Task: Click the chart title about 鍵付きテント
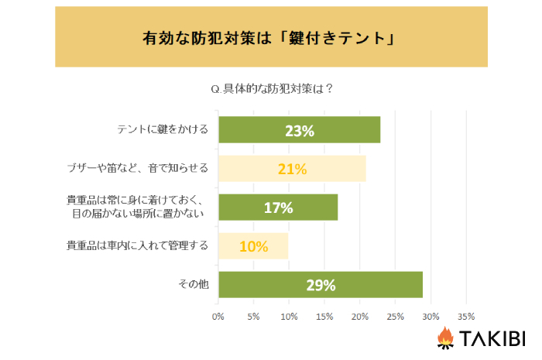[270, 36]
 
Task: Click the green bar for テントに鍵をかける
[299, 130]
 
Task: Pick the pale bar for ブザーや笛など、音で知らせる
[292, 169]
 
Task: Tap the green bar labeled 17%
[278, 207]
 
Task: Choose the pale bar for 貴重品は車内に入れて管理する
[253, 246]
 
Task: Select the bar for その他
[321, 285]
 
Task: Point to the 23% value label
[299, 131]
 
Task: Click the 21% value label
[292, 170]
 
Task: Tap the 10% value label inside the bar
[253, 247]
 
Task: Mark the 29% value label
[321, 286]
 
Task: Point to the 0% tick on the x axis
[218, 317]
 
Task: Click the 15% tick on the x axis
[324, 317]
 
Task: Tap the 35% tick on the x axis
[466, 317]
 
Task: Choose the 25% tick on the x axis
[395, 317]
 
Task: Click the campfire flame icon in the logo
[445, 338]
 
